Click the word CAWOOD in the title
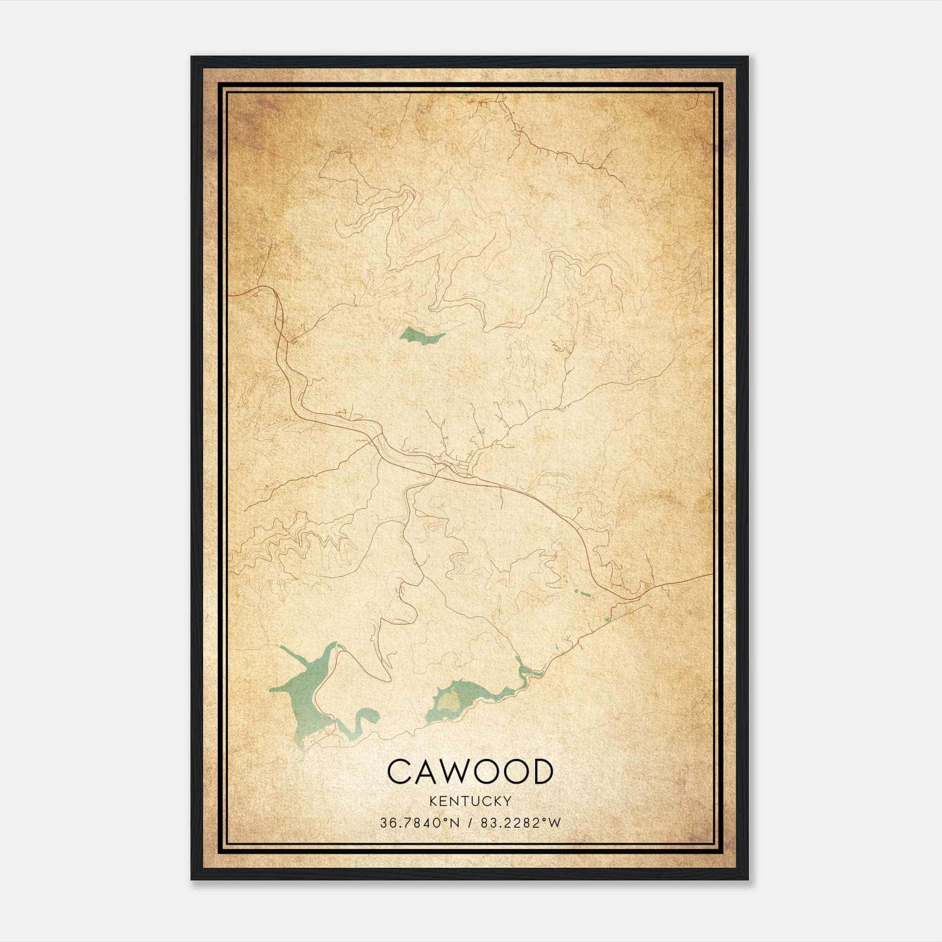(x=470, y=771)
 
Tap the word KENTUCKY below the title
(x=470, y=801)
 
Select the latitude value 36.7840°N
(x=419, y=823)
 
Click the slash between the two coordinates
(x=470, y=823)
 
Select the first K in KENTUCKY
(x=433, y=801)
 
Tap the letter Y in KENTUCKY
(x=508, y=801)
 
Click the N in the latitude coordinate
(x=454, y=823)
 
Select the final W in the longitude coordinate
(x=555, y=823)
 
